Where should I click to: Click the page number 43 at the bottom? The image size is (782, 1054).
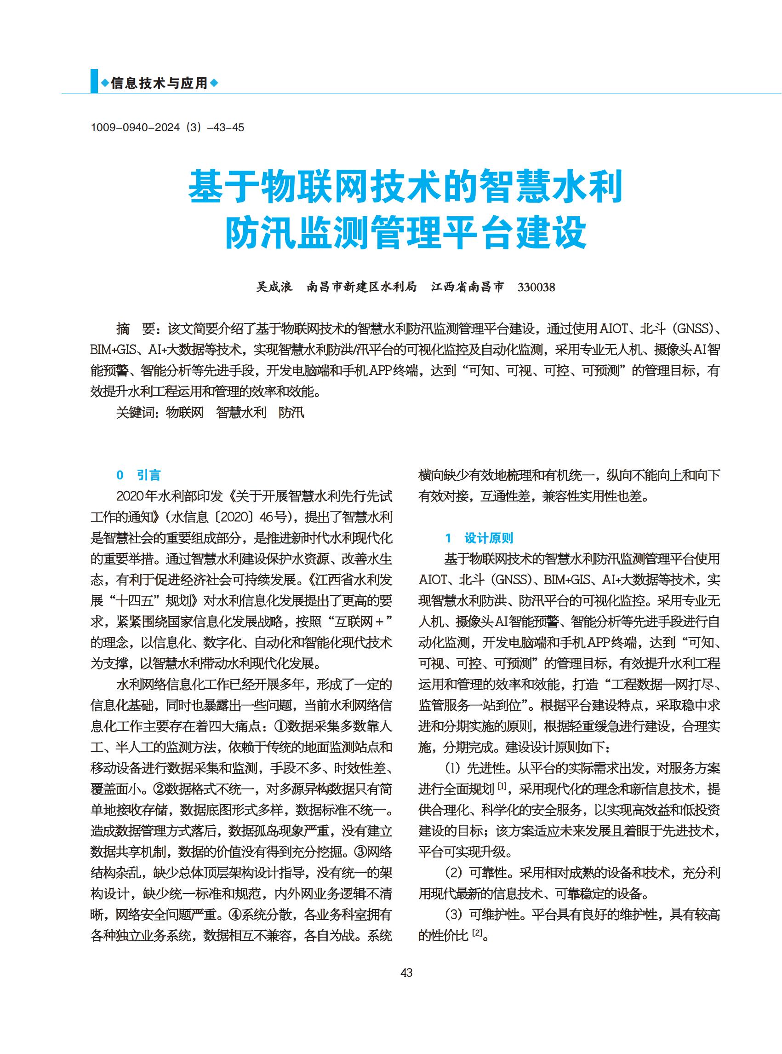tap(406, 973)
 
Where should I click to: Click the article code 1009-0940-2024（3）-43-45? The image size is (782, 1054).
tap(167, 127)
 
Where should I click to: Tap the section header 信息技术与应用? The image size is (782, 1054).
tap(159, 84)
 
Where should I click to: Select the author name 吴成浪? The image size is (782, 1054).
tap(275, 287)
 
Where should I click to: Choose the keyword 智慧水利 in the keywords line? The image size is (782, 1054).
tap(241, 413)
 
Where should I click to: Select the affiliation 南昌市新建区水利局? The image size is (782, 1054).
tap(362, 287)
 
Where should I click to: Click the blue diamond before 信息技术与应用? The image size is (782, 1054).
tap(104, 84)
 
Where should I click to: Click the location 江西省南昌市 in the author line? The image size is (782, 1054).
tap(468, 287)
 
